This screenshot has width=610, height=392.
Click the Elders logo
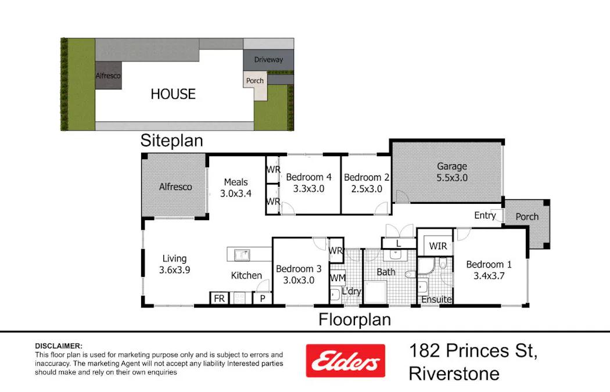(345, 361)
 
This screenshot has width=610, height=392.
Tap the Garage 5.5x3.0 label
(451, 172)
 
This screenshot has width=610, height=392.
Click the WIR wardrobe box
(437, 246)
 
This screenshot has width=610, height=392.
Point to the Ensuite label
(436, 299)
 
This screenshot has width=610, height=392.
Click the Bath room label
(386, 271)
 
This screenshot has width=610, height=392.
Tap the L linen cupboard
(398, 243)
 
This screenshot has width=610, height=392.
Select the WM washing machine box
(338, 278)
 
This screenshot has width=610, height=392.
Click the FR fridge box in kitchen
(219, 299)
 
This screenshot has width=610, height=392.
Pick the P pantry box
(262, 299)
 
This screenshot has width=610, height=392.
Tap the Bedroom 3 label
(299, 269)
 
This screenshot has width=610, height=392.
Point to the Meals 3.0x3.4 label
(236, 188)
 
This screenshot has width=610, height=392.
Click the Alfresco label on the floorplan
(175, 186)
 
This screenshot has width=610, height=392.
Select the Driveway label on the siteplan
(268, 59)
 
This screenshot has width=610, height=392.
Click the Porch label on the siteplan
(255, 81)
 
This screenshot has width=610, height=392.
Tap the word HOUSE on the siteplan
(173, 94)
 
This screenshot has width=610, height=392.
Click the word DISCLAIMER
(59, 346)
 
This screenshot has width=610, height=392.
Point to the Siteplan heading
(171, 140)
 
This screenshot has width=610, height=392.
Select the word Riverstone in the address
(454, 373)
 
